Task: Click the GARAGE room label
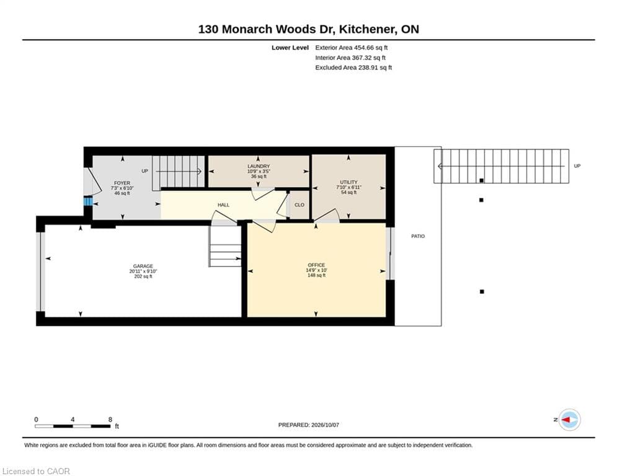pos(143,266)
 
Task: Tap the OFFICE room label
pos(316,265)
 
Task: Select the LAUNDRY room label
pos(259,166)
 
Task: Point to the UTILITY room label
pos(348,182)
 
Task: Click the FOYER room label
pos(122,183)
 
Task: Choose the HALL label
pos(223,205)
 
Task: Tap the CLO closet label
pos(300,205)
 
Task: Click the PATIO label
pos(418,236)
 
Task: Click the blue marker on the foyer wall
pos(88,201)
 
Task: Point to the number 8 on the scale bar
pos(110,420)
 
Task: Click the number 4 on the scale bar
pos(73,420)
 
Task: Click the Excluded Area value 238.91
pos(370,68)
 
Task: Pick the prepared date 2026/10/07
pos(325,425)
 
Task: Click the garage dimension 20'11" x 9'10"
pos(143,271)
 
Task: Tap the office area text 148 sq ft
pos(316,275)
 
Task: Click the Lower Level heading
pos(290,48)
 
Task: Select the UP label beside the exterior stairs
pos(577,166)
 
